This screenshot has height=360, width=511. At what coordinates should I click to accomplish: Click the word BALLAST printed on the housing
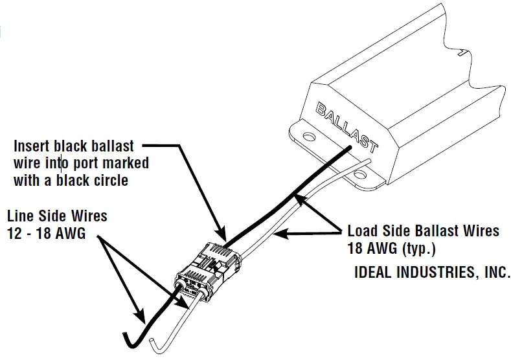click(x=346, y=127)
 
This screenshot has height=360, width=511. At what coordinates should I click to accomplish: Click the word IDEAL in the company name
click(x=374, y=273)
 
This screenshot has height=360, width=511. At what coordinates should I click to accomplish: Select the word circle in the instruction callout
click(x=110, y=180)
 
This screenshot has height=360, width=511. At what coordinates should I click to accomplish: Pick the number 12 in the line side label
click(x=14, y=234)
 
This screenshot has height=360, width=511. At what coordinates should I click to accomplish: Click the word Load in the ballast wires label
click(x=361, y=231)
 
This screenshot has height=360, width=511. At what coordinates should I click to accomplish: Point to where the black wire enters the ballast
click(x=350, y=148)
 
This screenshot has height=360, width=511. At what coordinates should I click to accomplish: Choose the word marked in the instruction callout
click(x=128, y=163)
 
